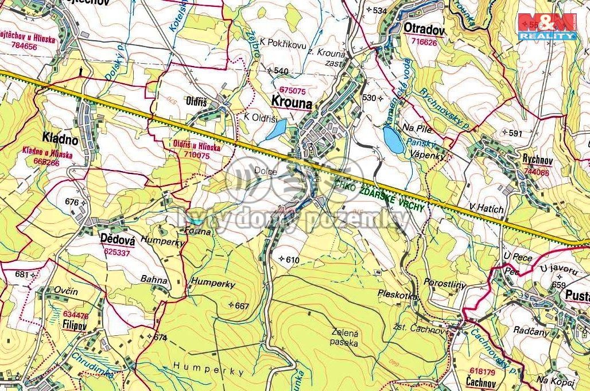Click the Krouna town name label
[x=292, y=103]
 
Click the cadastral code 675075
[x=292, y=90]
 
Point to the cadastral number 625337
[x=117, y=252]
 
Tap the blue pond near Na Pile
[x=393, y=140]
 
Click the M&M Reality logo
[x=547, y=26]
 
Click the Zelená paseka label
[x=344, y=337]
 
